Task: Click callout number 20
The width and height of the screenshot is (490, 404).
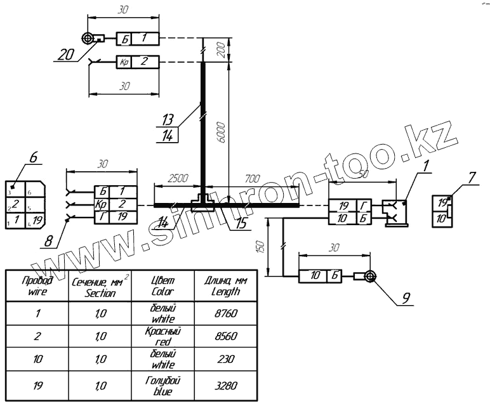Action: point(65,55)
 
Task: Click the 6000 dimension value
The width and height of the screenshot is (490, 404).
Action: point(218,132)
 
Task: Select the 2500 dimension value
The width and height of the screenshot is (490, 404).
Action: point(178,180)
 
